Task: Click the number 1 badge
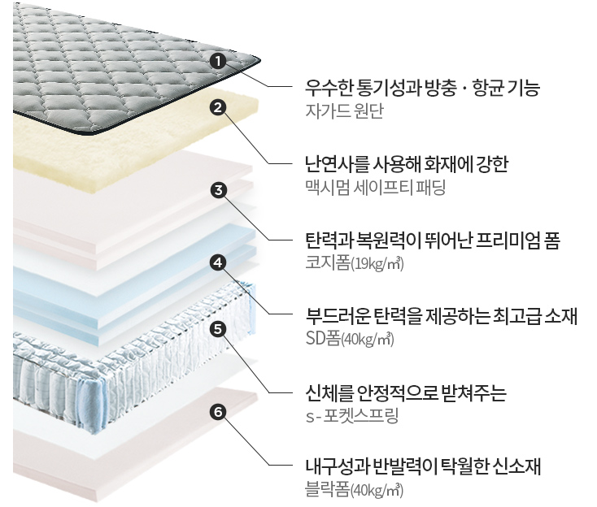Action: pyautogui.click(x=217, y=60)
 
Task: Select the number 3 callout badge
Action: pyautogui.click(x=217, y=191)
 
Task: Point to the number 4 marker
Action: pyautogui.click(x=217, y=262)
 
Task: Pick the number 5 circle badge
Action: pyautogui.click(x=217, y=328)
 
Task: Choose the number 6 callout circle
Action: pyautogui.click(x=217, y=411)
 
